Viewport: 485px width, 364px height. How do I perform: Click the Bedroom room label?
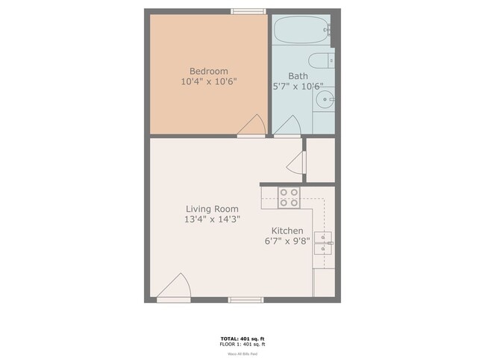(x=209, y=72)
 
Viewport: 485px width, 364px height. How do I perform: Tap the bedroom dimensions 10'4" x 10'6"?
(x=209, y=81)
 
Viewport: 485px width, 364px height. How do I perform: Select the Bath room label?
(x=298, y=76)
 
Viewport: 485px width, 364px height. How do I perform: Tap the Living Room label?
(x=212, y=210)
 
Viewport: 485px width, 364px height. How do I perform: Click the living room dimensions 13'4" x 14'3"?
(x=212, y=220)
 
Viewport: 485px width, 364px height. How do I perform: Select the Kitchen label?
(x=287, y=230)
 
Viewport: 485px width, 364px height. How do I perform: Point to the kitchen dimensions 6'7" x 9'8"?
(x=287, y=241)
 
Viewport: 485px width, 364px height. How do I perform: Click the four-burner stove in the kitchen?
(x=290, y=197)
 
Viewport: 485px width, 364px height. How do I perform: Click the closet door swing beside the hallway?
(x=298, y=163)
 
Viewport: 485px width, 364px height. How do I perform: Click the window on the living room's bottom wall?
(x=245, y=300)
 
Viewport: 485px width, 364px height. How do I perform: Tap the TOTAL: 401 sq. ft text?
(x=242, y=339)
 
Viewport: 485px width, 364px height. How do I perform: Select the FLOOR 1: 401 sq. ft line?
(x=242, y=345)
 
